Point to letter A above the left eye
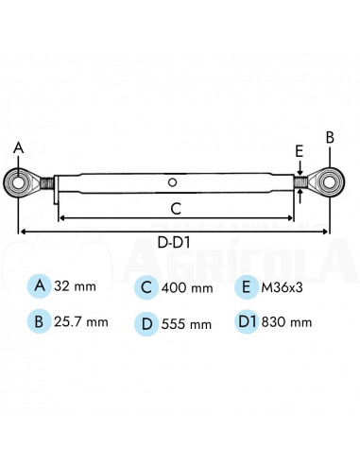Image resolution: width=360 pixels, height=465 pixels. click(x=17, y=147)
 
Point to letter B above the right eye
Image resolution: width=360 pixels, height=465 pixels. click(x=330, y=138)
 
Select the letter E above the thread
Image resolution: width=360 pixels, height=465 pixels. click(x=299, y=149)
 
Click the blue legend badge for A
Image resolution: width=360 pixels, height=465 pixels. click(x=40, y=285)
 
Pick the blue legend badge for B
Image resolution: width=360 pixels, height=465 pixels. click(x=40, y=321)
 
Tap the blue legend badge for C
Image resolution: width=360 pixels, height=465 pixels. click(x=146, y=286)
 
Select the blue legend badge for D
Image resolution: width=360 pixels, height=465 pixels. click(x=146, y=322)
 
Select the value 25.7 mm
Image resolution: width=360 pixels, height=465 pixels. click(x=82, y=322)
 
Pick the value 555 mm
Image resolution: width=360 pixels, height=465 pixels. click(x=187, y=323)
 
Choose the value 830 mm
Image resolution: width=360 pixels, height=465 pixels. click(x=288, y=323)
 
